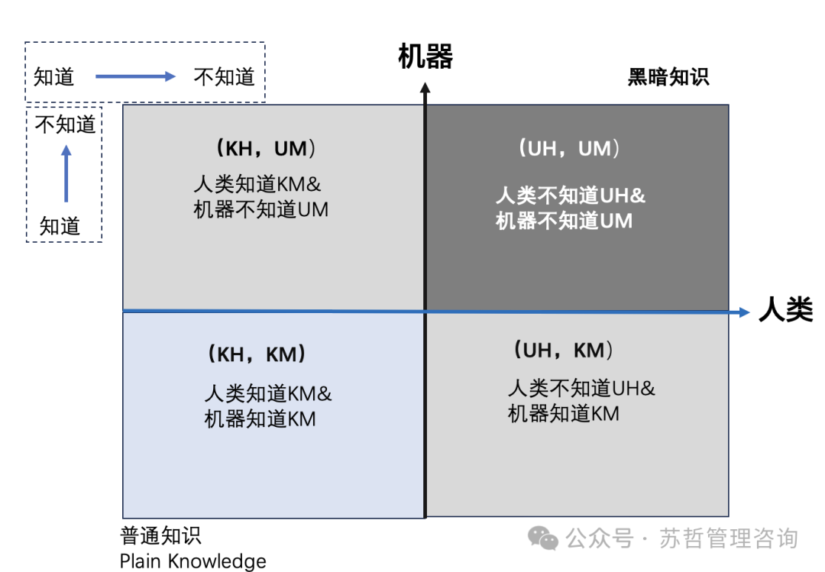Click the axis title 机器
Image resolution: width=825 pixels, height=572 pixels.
pyautogui.click(x=425, y=57)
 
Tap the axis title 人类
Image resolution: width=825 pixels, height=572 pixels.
pyautogui.click(x=785, y=311)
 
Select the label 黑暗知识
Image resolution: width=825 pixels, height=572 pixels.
pyautogui.click(x=668, y=77)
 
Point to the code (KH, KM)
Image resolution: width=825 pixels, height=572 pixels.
pyautogui.click(x=257, y=354)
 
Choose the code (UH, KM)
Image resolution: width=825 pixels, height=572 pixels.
pyautogui.click(x=563, y=350)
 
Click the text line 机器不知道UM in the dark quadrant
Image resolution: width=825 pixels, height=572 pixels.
pyautogui.click(x=564, y=221)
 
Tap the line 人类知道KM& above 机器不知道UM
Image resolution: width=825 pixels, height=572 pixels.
pyautogui.click(x=256, y=184)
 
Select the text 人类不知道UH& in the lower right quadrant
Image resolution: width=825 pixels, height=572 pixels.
pyautogui.click(x=581, y=388)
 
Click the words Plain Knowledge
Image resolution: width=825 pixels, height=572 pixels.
pyautogui.click(x=193, y=561)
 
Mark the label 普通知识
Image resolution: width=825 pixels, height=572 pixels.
pyautogui.click(x=161, y=535)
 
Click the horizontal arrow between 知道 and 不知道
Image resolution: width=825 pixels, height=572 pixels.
pyautogui.click(x=135, y=76)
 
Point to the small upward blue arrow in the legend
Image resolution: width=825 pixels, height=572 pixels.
pyautogui.click(x=66, y=173)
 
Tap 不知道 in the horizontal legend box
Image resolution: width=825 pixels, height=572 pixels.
pyautogui.click(x=224, y=76)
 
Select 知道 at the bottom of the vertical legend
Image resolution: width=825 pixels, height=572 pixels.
pyautogui.click(x=60, y=226)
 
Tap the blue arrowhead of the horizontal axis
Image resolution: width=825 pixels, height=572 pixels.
pyautogui.click(x=743, y=312)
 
